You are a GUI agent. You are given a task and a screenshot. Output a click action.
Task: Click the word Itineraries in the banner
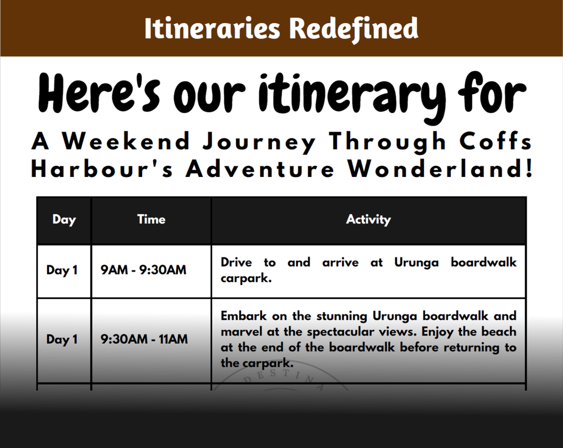point(212,29)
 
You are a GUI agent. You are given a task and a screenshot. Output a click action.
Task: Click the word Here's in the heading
point(99,94)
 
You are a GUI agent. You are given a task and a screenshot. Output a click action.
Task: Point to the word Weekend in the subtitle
point(126,141)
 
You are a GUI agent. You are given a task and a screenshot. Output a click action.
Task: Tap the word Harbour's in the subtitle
point(102,169)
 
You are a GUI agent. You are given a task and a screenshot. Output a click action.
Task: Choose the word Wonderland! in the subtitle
point(440,169)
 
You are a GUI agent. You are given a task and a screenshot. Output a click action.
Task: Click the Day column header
point(64,220)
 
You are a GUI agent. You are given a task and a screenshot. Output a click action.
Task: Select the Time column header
point(151,219)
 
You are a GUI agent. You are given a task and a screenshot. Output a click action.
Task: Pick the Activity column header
point(368,219)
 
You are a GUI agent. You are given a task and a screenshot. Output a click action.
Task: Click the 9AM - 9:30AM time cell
point(143,270)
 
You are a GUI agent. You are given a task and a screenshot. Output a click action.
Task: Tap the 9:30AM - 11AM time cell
point(144,339)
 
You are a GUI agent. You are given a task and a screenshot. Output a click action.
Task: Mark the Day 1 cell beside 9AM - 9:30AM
point(62,270)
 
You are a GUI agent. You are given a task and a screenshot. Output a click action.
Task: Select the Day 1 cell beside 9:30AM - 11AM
point(62,339)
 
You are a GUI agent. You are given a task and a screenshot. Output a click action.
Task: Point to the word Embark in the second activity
point(244,316)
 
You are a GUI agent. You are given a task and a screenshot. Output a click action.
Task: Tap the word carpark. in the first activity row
point(246,278)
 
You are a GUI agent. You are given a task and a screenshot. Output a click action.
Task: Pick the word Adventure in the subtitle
point(260,169)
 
